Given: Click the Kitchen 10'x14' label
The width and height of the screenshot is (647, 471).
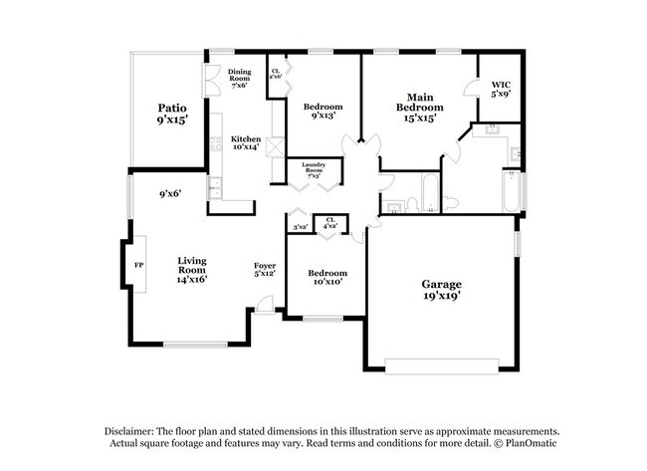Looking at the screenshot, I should pyautogui.click(x=246, y=142).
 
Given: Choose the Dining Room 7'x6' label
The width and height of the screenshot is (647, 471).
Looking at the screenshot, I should pyautogui.click(x=239, y=79).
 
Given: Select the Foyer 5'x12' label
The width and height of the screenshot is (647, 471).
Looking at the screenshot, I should pyautogui.click(x=264, y=269).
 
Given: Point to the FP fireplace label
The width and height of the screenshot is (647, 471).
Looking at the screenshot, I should pyautogui.click(x=138, y=267).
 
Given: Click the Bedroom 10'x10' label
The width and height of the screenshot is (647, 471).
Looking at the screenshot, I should pyautogui.click(x=326, y=277).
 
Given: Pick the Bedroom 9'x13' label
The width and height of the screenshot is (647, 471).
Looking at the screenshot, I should pyautogui.click(x=323, y=112).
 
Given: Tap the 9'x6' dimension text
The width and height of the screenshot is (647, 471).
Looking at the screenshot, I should pyautogui.click(x=169, y=195).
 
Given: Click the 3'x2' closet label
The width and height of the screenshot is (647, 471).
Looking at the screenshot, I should pyautogui.click(x=299, y=228).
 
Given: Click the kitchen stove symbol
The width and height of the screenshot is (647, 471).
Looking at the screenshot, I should pyautogui.click(x=216, y=142).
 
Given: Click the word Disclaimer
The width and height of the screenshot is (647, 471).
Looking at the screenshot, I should pyautogui.click(x=134, y=430).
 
